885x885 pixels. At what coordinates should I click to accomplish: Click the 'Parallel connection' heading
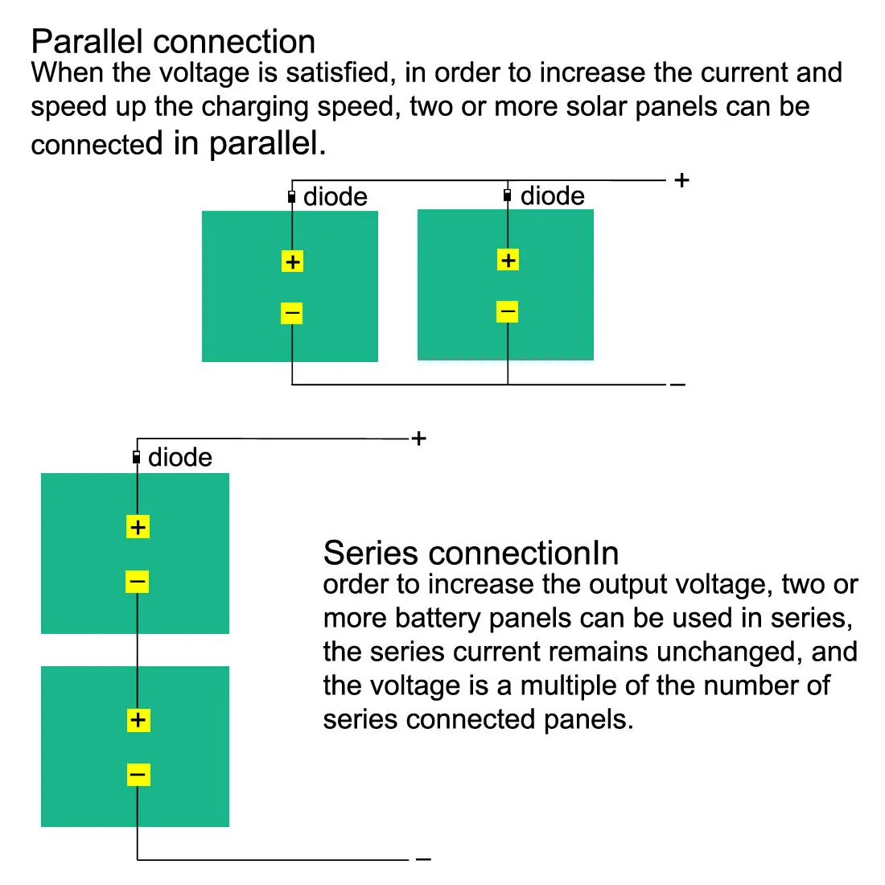[x=173, y=42]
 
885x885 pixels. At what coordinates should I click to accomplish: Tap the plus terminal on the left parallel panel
[x=292, y=261]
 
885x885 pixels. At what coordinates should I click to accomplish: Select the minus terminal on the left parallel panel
[x=291, y=313]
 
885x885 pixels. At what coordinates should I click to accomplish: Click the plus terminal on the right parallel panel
[x=508, y=260]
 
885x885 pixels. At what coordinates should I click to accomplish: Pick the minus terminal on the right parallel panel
[x=507, y=311]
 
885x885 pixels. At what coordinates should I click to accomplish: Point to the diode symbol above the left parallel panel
[x=291, y=196]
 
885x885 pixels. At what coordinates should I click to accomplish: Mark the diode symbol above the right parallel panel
[x=507, y=196]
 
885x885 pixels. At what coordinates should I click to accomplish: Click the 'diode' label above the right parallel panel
[x=553, y=196]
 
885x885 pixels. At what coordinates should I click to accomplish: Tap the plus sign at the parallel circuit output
[x=682, y=180]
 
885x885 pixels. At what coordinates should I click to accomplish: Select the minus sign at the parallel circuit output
[x=677, y=385]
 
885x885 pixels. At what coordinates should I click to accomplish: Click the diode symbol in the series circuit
[x=137, y=458]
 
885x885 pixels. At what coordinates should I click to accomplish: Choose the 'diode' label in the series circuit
[x=180, y=457]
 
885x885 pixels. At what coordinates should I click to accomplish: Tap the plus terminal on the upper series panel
[x=138, y=527]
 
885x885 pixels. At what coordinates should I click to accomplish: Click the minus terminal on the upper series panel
[x=138, y=581]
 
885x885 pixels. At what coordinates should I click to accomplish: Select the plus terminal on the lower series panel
[x=138, y=720]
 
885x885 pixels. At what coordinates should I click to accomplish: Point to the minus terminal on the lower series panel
[x=138, y=775]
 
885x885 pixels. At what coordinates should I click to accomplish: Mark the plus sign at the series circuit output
[x=418, y=438]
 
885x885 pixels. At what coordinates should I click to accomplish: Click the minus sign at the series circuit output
[x=423, y=860]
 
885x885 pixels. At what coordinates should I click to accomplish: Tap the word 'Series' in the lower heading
[x=371, y=554]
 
